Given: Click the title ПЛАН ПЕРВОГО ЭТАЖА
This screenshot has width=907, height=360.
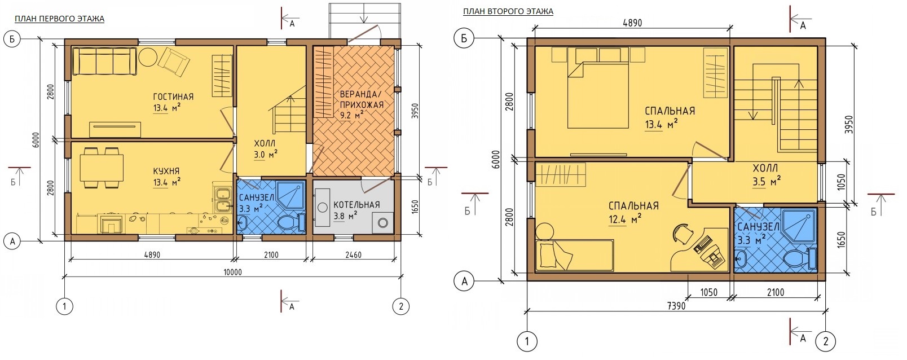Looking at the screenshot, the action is click(60, 19).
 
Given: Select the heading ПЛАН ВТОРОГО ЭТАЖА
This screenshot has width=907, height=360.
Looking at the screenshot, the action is click(508, 11).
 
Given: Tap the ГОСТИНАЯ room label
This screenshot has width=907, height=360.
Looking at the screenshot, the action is click(173, 97).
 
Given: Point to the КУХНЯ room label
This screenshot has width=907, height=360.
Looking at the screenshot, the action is click(166, 172).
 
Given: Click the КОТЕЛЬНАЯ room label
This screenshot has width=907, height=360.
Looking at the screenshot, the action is click(356, 205).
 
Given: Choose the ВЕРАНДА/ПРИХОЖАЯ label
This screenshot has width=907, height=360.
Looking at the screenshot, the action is click(361, 100).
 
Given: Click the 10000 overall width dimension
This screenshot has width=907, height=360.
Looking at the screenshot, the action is click(232, 272).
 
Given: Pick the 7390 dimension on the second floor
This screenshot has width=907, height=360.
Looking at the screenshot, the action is click(676, 306).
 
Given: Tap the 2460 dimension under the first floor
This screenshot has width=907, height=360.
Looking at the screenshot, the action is click(353, 255).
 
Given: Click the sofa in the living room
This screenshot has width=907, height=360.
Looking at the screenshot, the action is click(104, 61).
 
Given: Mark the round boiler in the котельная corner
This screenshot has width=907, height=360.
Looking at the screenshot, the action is click(382, 223).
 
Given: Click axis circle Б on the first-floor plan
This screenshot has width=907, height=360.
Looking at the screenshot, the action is click(12, 39).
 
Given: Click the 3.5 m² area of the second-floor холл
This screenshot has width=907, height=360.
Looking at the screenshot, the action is click(767, 182).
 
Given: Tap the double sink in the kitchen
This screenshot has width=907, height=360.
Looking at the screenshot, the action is click(222, 201).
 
